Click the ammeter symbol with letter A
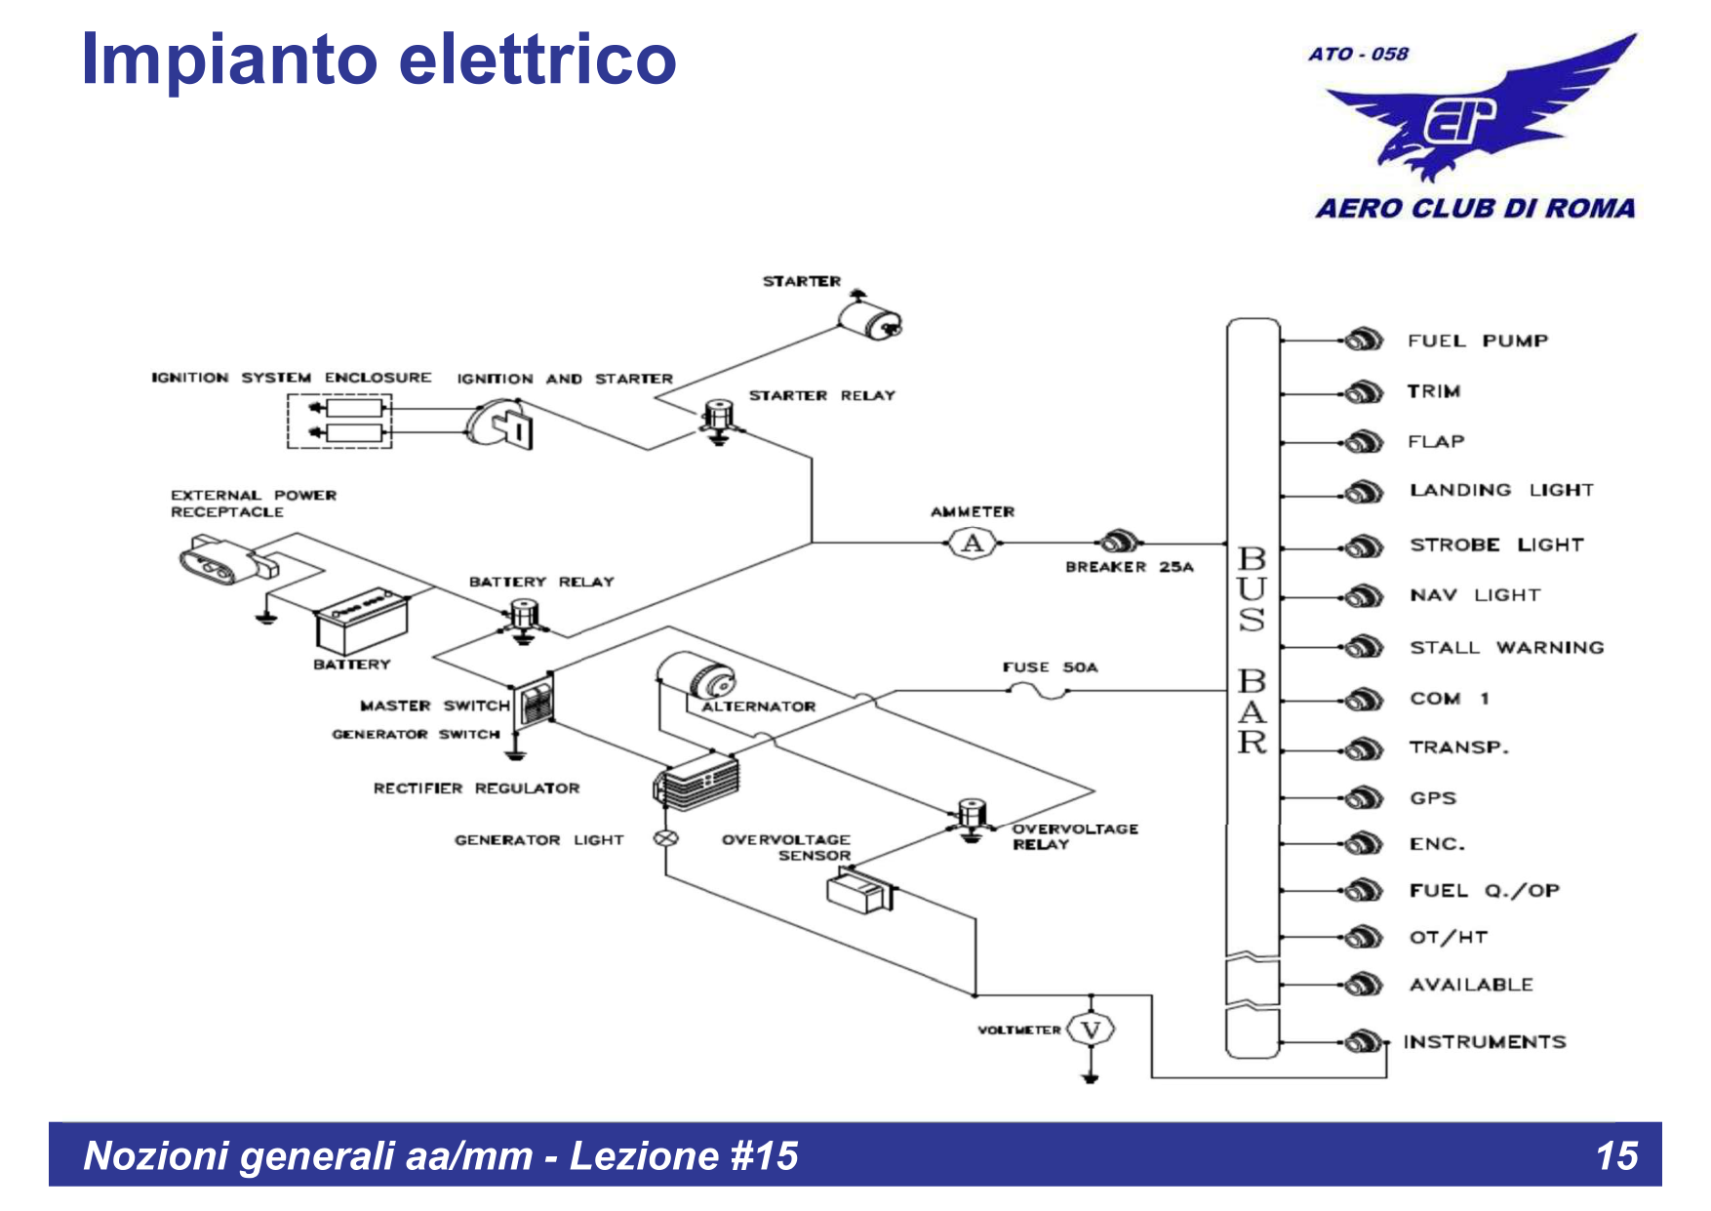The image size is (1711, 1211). pos(973,543)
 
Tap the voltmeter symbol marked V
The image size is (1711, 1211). pos(1091,1029)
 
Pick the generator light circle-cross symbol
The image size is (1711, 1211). pos(666,838)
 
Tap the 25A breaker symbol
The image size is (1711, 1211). pos(1118,542)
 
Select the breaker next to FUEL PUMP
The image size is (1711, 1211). pos(1363,341)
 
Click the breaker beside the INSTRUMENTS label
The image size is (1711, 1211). pos(1363,1042)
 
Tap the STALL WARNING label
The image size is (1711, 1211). pos(1506,647)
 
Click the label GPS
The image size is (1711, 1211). pos(1432,798)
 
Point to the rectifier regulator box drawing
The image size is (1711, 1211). pos(696,782)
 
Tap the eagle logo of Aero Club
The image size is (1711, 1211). pos(1473,117)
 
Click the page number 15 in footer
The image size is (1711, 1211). pos(1616,1155)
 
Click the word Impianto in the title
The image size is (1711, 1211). pos(229,61)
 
